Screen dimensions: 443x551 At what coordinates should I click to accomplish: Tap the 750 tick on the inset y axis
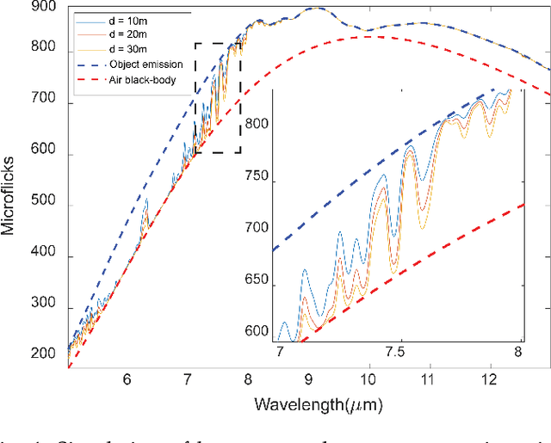tap(257, 181)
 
